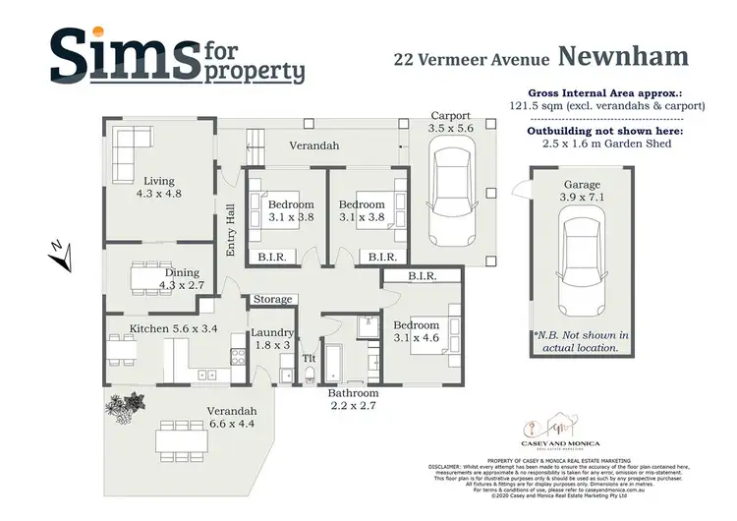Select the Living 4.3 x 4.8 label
coord(158,188)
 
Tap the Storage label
coord(273,299)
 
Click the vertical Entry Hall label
coord(231,230)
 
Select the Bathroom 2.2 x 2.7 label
coord(353,399)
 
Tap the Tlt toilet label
coord(308,358)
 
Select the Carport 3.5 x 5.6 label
coord(450,121)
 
